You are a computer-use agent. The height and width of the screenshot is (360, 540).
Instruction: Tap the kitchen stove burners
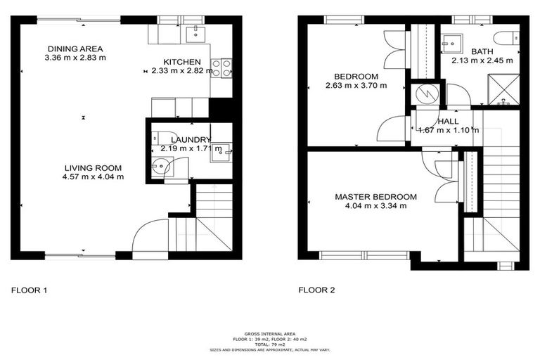(x=221, y=68)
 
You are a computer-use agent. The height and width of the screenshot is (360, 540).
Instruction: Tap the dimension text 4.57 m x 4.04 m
(x=93, y=177)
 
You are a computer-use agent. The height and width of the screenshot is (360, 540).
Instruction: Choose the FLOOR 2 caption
(x=318, y=290)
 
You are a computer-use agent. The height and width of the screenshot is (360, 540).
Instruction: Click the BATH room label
(x=482, y=51)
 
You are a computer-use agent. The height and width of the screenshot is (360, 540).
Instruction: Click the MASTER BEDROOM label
(x=375, y=197)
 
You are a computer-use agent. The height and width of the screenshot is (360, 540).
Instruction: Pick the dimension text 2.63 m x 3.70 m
(x=356, y=86)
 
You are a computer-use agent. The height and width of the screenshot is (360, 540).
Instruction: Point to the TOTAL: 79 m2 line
(x=270, y=344)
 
